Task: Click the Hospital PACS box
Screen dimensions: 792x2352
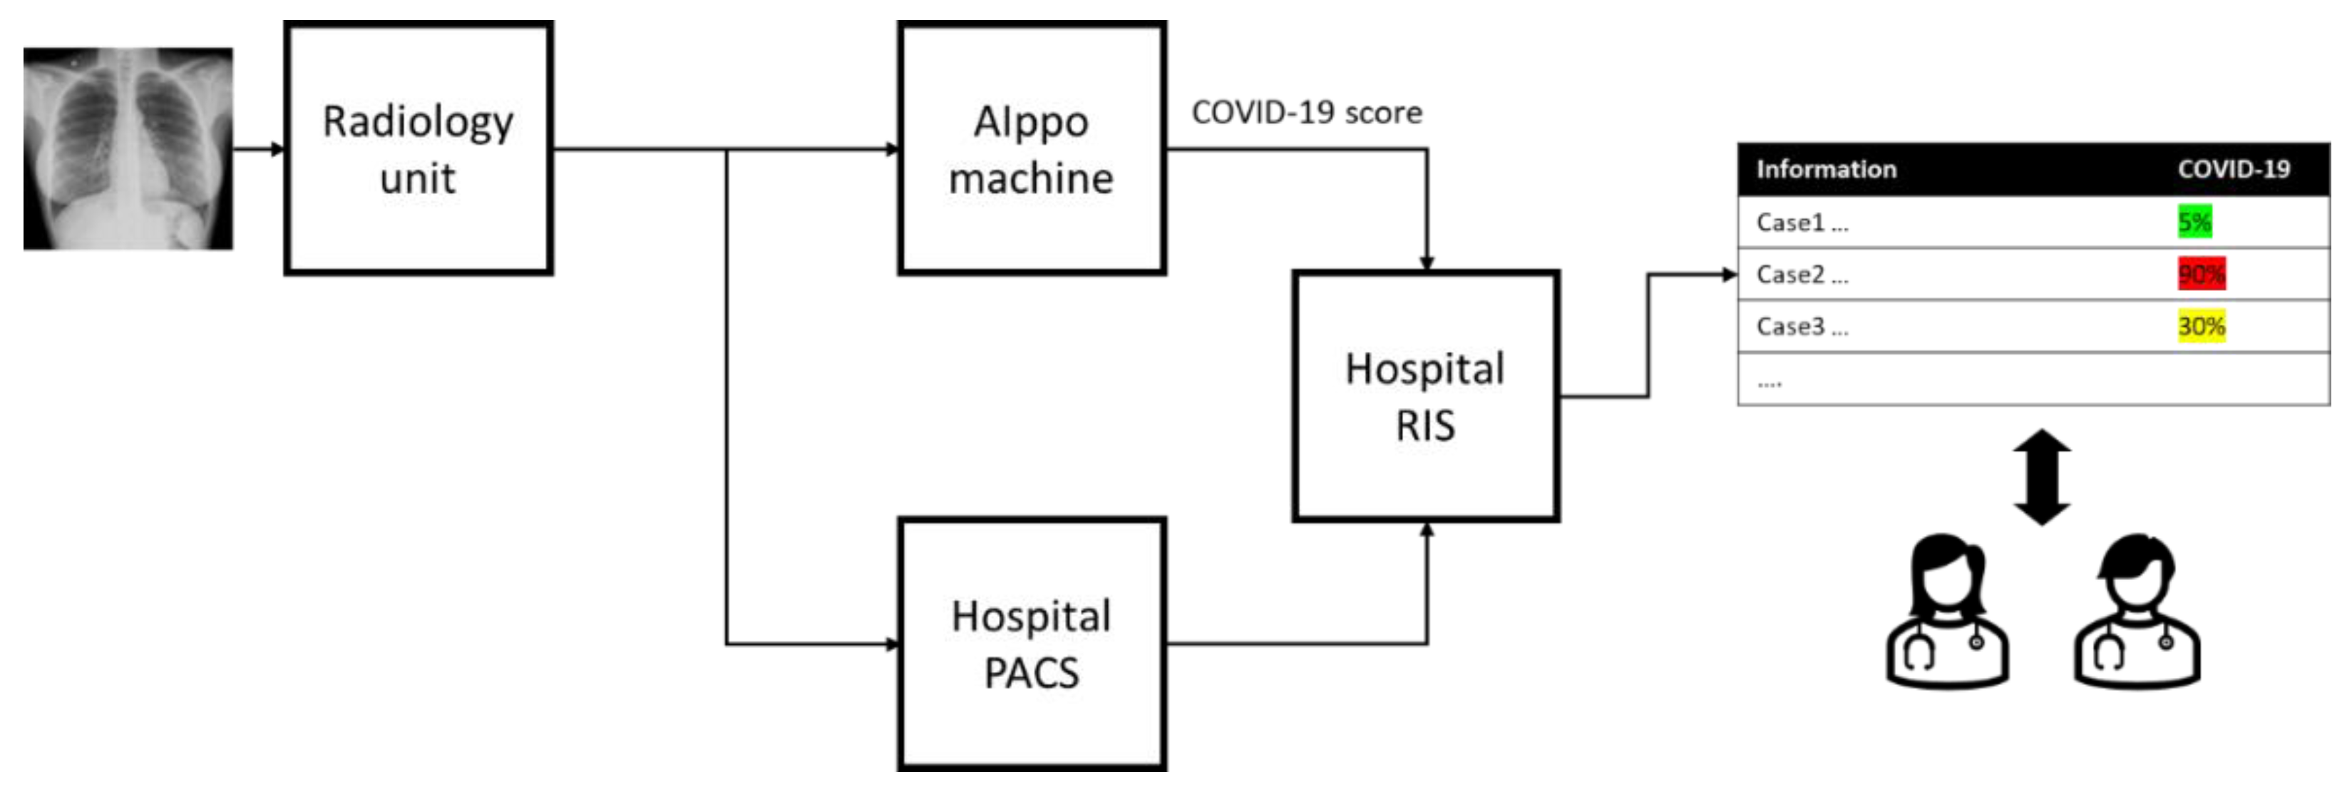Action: point(1032,644)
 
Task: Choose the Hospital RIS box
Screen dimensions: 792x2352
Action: point(1425,395)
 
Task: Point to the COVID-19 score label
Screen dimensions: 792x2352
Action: point(1305,112)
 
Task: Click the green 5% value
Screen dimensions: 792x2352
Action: point(2194,221)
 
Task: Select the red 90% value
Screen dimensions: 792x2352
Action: point(2202,273)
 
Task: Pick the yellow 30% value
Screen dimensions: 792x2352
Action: point(2202,326)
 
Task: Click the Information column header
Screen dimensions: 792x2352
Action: point(1826,169)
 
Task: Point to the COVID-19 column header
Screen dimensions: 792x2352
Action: point(2234,169)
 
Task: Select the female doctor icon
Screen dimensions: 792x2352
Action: point(1946,612)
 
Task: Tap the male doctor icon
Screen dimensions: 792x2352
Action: point(2137,612)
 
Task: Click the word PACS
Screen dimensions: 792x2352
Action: point(1032,674)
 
